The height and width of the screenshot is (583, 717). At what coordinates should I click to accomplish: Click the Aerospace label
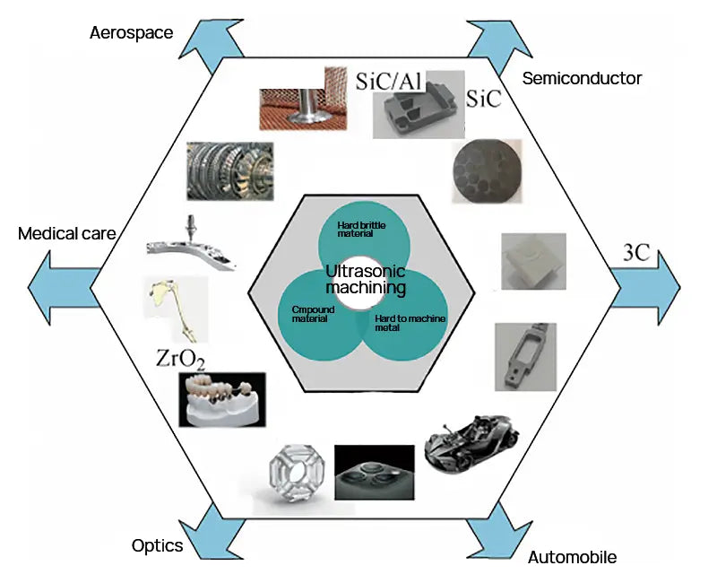(x=131, y=33)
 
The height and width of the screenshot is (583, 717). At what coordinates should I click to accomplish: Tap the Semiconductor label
(x=582, y=78)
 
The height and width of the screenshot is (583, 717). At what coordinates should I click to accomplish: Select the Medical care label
(x=66, y=234)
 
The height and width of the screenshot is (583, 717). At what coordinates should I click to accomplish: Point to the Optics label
(x=157, y=545)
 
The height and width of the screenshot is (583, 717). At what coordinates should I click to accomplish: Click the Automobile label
(x=572, y=557)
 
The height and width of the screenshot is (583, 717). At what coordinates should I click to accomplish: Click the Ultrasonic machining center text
(x=366, y=279)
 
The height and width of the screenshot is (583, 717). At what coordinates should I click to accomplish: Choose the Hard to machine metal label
(x=410, y=324)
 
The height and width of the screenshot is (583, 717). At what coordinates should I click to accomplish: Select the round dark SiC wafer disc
(x=482, y=170)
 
